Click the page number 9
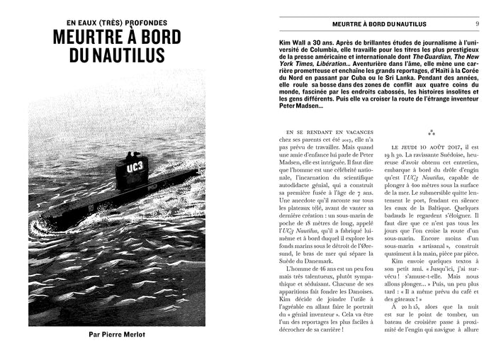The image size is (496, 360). [x=476, y=23]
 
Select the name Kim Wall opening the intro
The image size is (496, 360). [x=276, y=43]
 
